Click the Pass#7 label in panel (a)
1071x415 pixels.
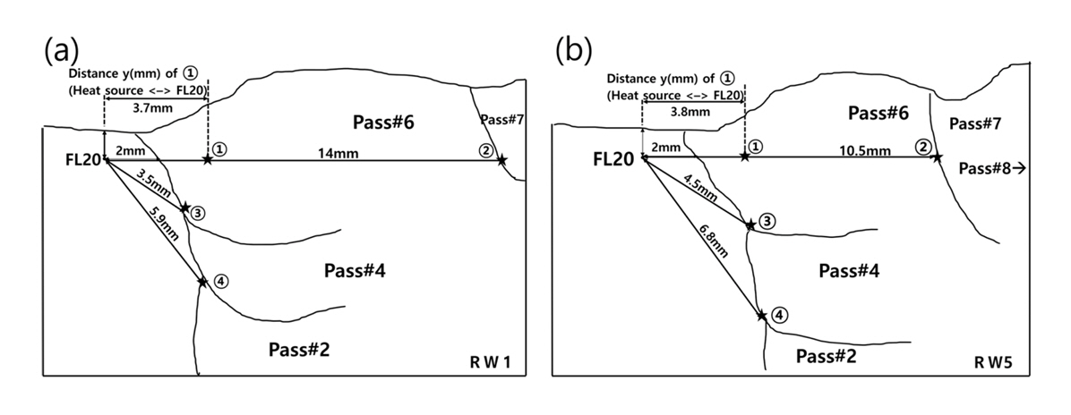500,119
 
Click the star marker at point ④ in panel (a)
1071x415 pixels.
203,282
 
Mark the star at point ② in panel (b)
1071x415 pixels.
937,157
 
